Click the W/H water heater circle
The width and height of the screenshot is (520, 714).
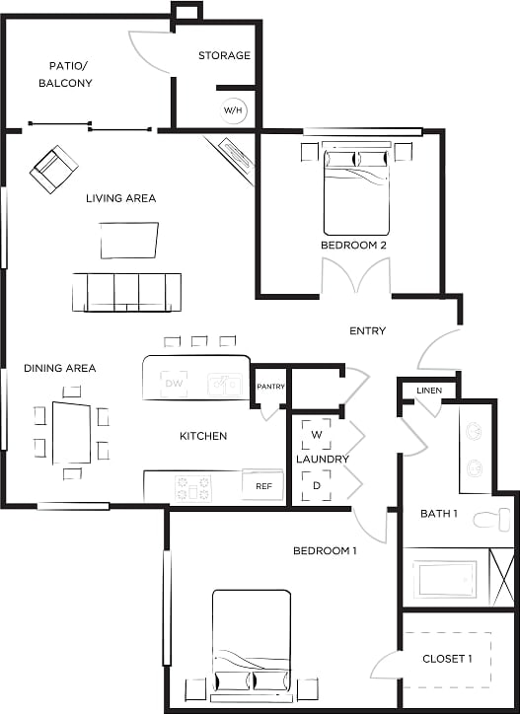233,109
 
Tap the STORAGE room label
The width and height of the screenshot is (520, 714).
224,55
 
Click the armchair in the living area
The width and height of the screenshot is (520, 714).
53,169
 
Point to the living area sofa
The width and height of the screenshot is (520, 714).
127,291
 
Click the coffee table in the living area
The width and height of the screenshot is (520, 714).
128,240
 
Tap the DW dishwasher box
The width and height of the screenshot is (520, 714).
175,383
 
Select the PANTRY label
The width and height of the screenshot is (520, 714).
270,387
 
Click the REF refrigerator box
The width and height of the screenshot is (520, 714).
263,486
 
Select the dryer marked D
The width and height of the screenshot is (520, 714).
317,485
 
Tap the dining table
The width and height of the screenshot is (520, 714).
71,432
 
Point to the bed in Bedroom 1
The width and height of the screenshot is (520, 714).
252,641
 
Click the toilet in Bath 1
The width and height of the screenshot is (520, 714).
491,519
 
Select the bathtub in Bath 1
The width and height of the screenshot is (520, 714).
447,579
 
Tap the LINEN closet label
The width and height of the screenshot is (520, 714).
428,391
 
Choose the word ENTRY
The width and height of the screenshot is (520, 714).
367,330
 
